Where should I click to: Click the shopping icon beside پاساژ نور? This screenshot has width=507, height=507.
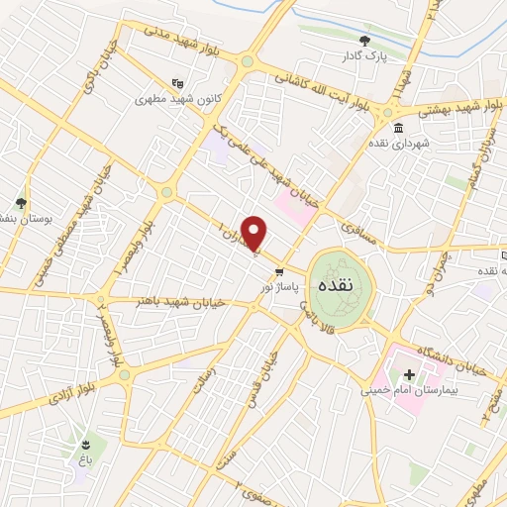pos(280,272)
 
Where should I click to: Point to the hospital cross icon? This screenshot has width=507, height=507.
pos(409,375)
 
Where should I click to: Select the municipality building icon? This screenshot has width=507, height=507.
pos(398,130)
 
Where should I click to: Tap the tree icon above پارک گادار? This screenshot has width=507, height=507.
pos(366,41)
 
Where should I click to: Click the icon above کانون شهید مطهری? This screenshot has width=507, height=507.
pos(177,83)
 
